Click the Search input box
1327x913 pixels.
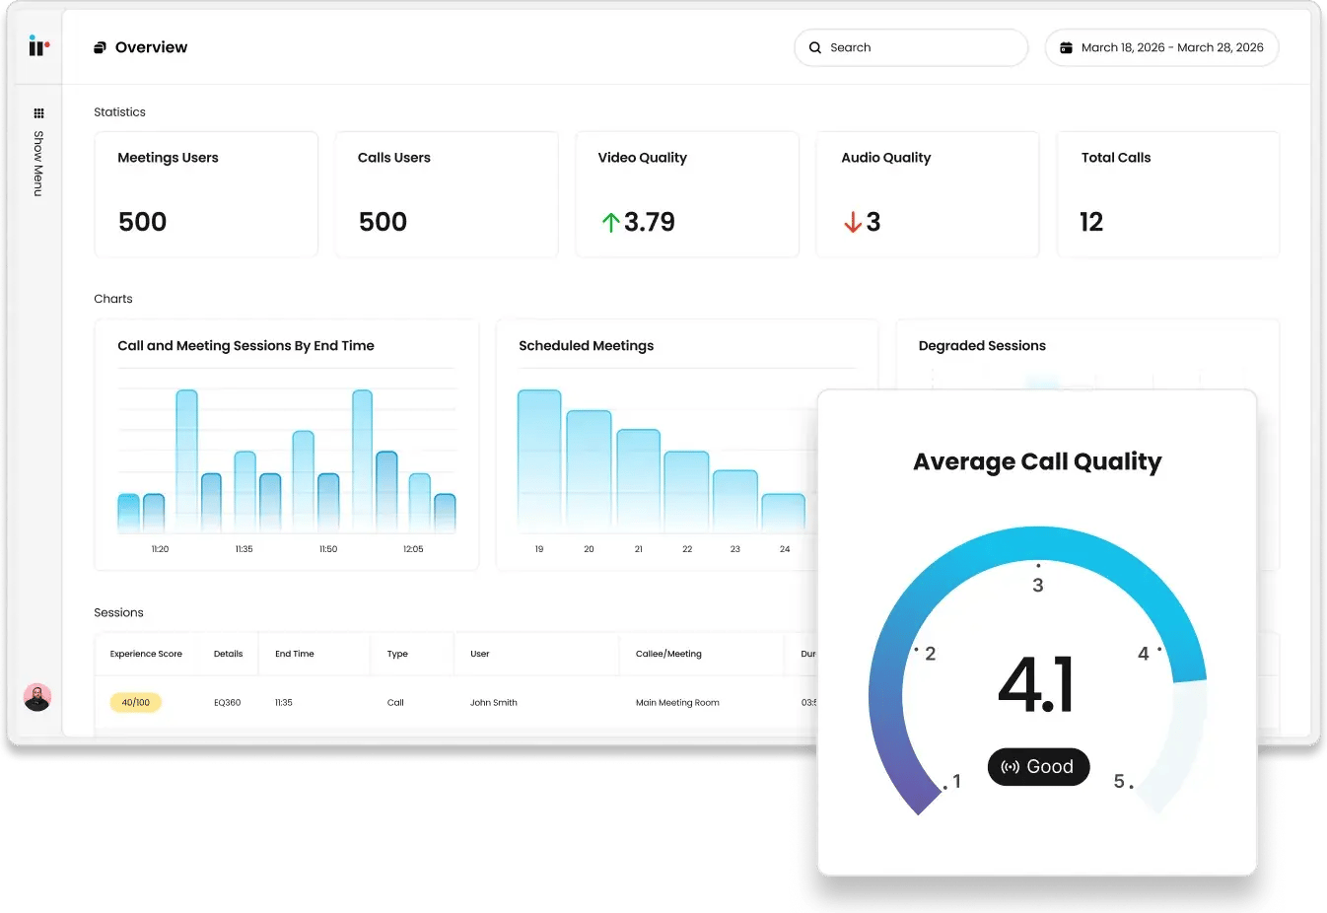(911, 47)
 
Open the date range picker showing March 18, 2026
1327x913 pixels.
(1161, 47)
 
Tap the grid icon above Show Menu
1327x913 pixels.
(38, 113)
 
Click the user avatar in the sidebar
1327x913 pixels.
(37, 697)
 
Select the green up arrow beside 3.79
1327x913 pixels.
(610, 223)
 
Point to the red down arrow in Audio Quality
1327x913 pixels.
(853, 223)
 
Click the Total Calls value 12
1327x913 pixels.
(1091, 222)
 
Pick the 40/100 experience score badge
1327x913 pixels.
(136, 703)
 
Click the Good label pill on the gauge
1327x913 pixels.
(1038, 767)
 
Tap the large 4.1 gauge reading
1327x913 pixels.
(1036, 684)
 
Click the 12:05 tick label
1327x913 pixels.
(413, 549)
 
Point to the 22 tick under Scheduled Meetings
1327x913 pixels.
(687, 549)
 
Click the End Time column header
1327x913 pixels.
(295, 654)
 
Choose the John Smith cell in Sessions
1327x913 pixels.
(494, 703)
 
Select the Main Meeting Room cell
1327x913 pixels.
(677, 703)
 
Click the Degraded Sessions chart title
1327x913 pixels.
(982, 346)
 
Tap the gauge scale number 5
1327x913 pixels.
(1119, 781)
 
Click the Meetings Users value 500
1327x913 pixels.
(143, 222)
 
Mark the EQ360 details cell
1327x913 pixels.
(228, 703)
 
